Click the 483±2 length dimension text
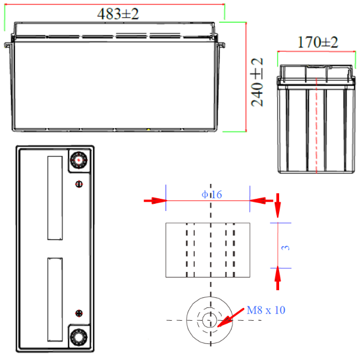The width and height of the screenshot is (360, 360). pos(118,14)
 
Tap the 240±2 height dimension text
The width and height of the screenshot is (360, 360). pos(257,82)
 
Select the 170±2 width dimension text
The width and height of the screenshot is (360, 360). pos(318,42)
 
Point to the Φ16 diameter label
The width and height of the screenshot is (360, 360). pos(212,194)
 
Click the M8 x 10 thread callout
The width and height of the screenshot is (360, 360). pos(266,310)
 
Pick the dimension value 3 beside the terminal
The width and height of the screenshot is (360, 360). pos(286,248)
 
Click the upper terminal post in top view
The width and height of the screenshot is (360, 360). pos(79,160)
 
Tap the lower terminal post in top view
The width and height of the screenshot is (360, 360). pos(79,337)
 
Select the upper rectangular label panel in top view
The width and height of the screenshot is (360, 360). pos(55,198)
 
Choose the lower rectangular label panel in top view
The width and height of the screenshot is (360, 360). pos(55,300)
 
